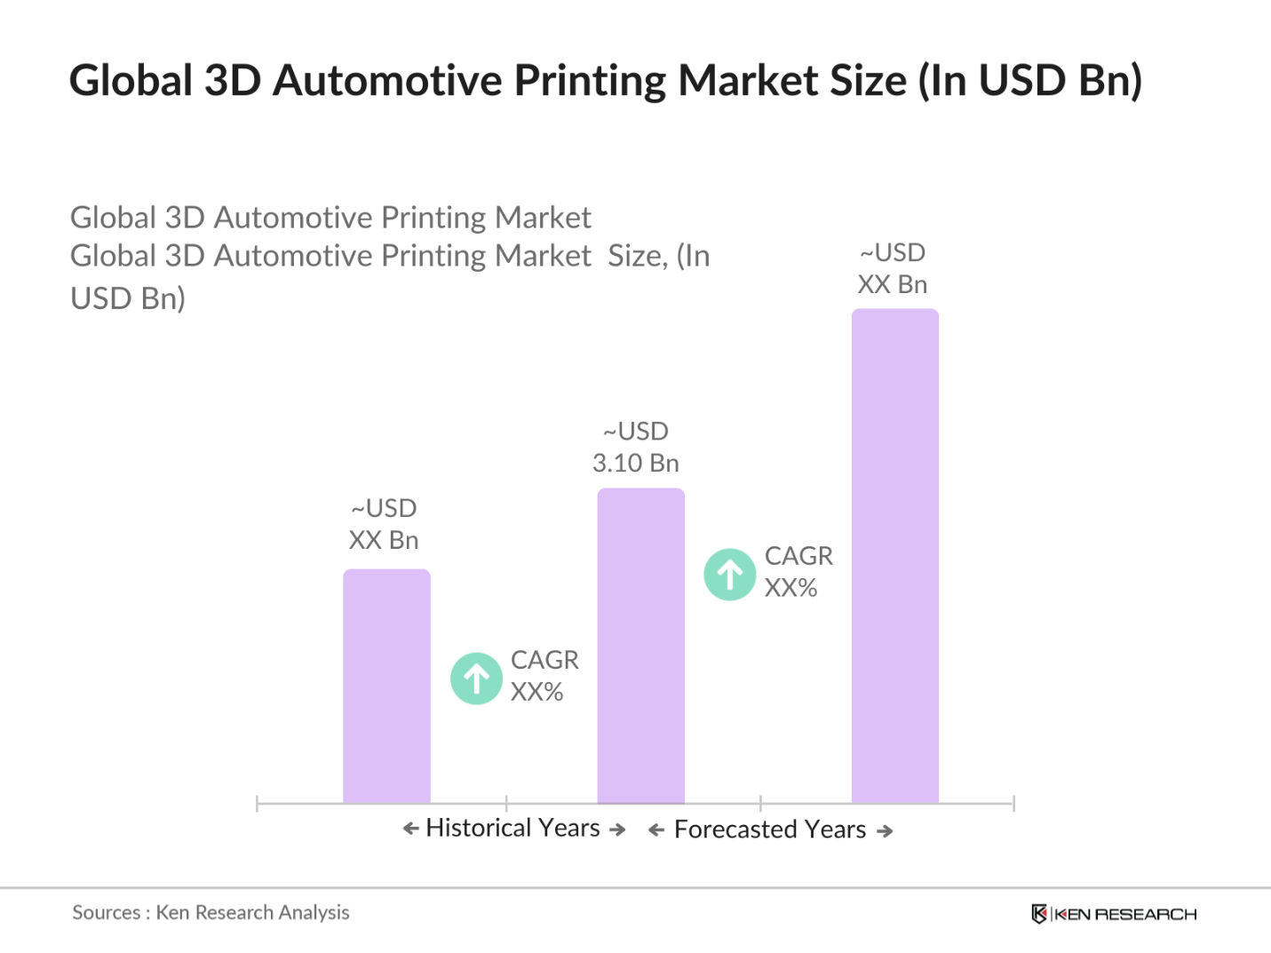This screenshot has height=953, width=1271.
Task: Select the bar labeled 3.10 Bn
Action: click(x=640, y=646)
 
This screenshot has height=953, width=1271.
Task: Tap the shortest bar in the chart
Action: click(x=386, y=686)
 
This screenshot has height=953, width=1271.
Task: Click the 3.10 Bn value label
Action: click(x=636, y=463)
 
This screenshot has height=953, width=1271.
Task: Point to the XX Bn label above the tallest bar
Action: click(x=893, y=284)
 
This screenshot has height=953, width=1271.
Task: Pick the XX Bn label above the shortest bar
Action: click(x=384, y=540)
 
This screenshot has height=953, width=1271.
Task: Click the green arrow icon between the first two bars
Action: click(x=477, y=679)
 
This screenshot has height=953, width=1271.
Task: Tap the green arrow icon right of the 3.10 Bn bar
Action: click(x=730, y=575)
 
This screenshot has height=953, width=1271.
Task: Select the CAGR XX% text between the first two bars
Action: click(x=544, y=676)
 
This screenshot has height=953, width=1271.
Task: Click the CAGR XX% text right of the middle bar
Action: click(x=798, y=572)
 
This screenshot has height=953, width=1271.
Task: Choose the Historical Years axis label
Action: click(x=513, y=828)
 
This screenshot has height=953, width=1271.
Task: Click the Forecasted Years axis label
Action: click(x=770, y=830)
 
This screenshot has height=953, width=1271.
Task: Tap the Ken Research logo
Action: click(x=1114, y=914)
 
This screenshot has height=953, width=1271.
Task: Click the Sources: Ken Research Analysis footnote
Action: click(x=211, y=912)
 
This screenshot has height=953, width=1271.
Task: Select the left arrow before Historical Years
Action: click(x=410, y=829)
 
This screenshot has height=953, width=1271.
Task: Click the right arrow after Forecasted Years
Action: click(x=885, y=831)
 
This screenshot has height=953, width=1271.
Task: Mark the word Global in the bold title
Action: click(x=130, y=81)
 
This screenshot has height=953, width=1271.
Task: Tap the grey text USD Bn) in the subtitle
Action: click(x=128, y=298)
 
